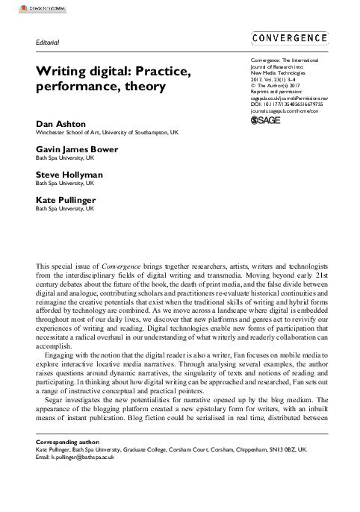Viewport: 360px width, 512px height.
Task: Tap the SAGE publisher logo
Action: (265, 118)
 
